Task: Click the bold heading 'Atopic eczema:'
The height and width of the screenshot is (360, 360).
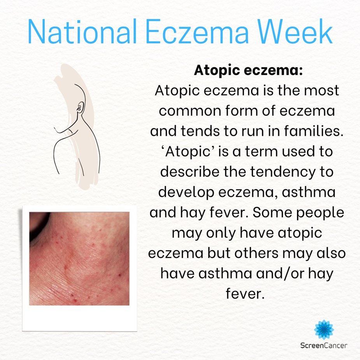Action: (x=248, y=72)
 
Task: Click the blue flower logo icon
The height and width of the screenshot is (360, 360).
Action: (x=324, y=329)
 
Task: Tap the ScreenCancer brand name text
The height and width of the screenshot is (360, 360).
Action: (x=324, y=345)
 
